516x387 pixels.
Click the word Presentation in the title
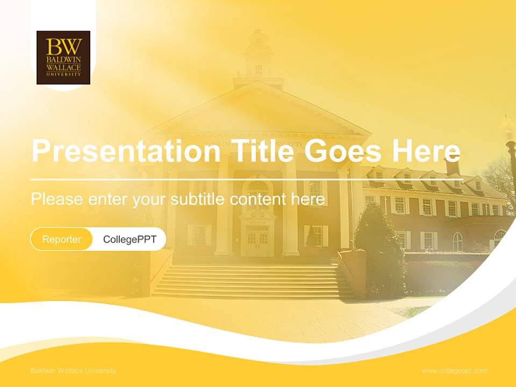126,151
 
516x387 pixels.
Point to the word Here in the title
426,151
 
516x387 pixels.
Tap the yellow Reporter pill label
62,239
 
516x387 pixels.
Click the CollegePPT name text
130,239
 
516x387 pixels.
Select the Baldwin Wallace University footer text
73,371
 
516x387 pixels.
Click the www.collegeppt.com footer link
454,371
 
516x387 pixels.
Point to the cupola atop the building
259,54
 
